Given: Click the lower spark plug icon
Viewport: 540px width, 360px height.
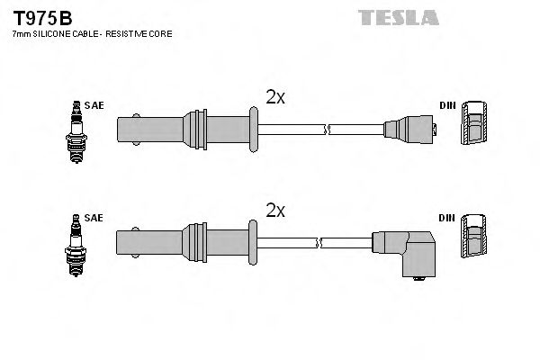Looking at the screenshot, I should [x=75, y=238].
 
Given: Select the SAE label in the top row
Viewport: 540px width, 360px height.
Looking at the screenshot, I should [x=96, y=105].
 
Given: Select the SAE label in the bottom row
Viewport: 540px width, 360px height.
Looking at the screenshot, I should [x=96, y=218].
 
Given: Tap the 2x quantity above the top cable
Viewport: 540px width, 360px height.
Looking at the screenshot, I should [x=275, y=98].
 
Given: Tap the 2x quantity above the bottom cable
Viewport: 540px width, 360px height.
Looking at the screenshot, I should [x=275, y=211].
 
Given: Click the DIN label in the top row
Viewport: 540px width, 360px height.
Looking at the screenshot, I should [x=446, y=105].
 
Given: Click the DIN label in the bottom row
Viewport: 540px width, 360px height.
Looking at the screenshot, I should [x=446, y=218].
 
